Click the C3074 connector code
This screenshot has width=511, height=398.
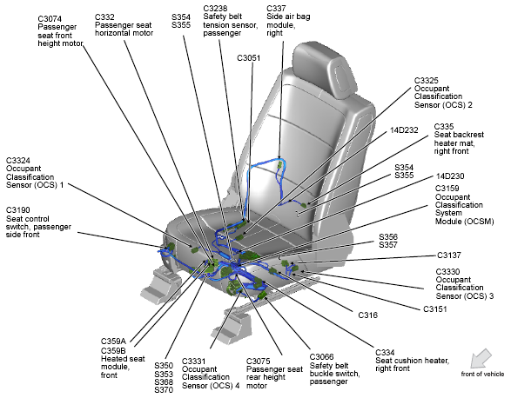[x=50, y=19]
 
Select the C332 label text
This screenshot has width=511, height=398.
[x=104, y=17]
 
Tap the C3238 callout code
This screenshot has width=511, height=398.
[x=215, y=8]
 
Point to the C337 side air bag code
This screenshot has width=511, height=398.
[x=276, y=8]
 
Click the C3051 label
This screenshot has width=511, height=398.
[x=249, y=58]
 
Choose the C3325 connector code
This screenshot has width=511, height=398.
[x=427, y=80]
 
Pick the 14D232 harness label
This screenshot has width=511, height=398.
[x=404, y=130]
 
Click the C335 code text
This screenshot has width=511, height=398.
[x=444, y=127]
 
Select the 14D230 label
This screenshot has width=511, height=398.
[x=450, y=176]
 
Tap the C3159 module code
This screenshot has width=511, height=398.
[x=447, y=189]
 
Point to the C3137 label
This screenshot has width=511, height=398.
[x=449, y=255]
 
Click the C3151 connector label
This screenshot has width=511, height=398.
[x=435, y=308]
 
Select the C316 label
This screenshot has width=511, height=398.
[x=368, y=315]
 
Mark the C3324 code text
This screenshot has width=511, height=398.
[x=18, y=161]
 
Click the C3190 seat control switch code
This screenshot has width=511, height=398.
[x=18, y=210]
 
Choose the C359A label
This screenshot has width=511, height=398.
[x=113, y=342]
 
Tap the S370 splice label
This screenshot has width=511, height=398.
[x=164, y=390]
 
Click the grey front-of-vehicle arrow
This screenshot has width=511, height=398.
[x=481, y=358]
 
